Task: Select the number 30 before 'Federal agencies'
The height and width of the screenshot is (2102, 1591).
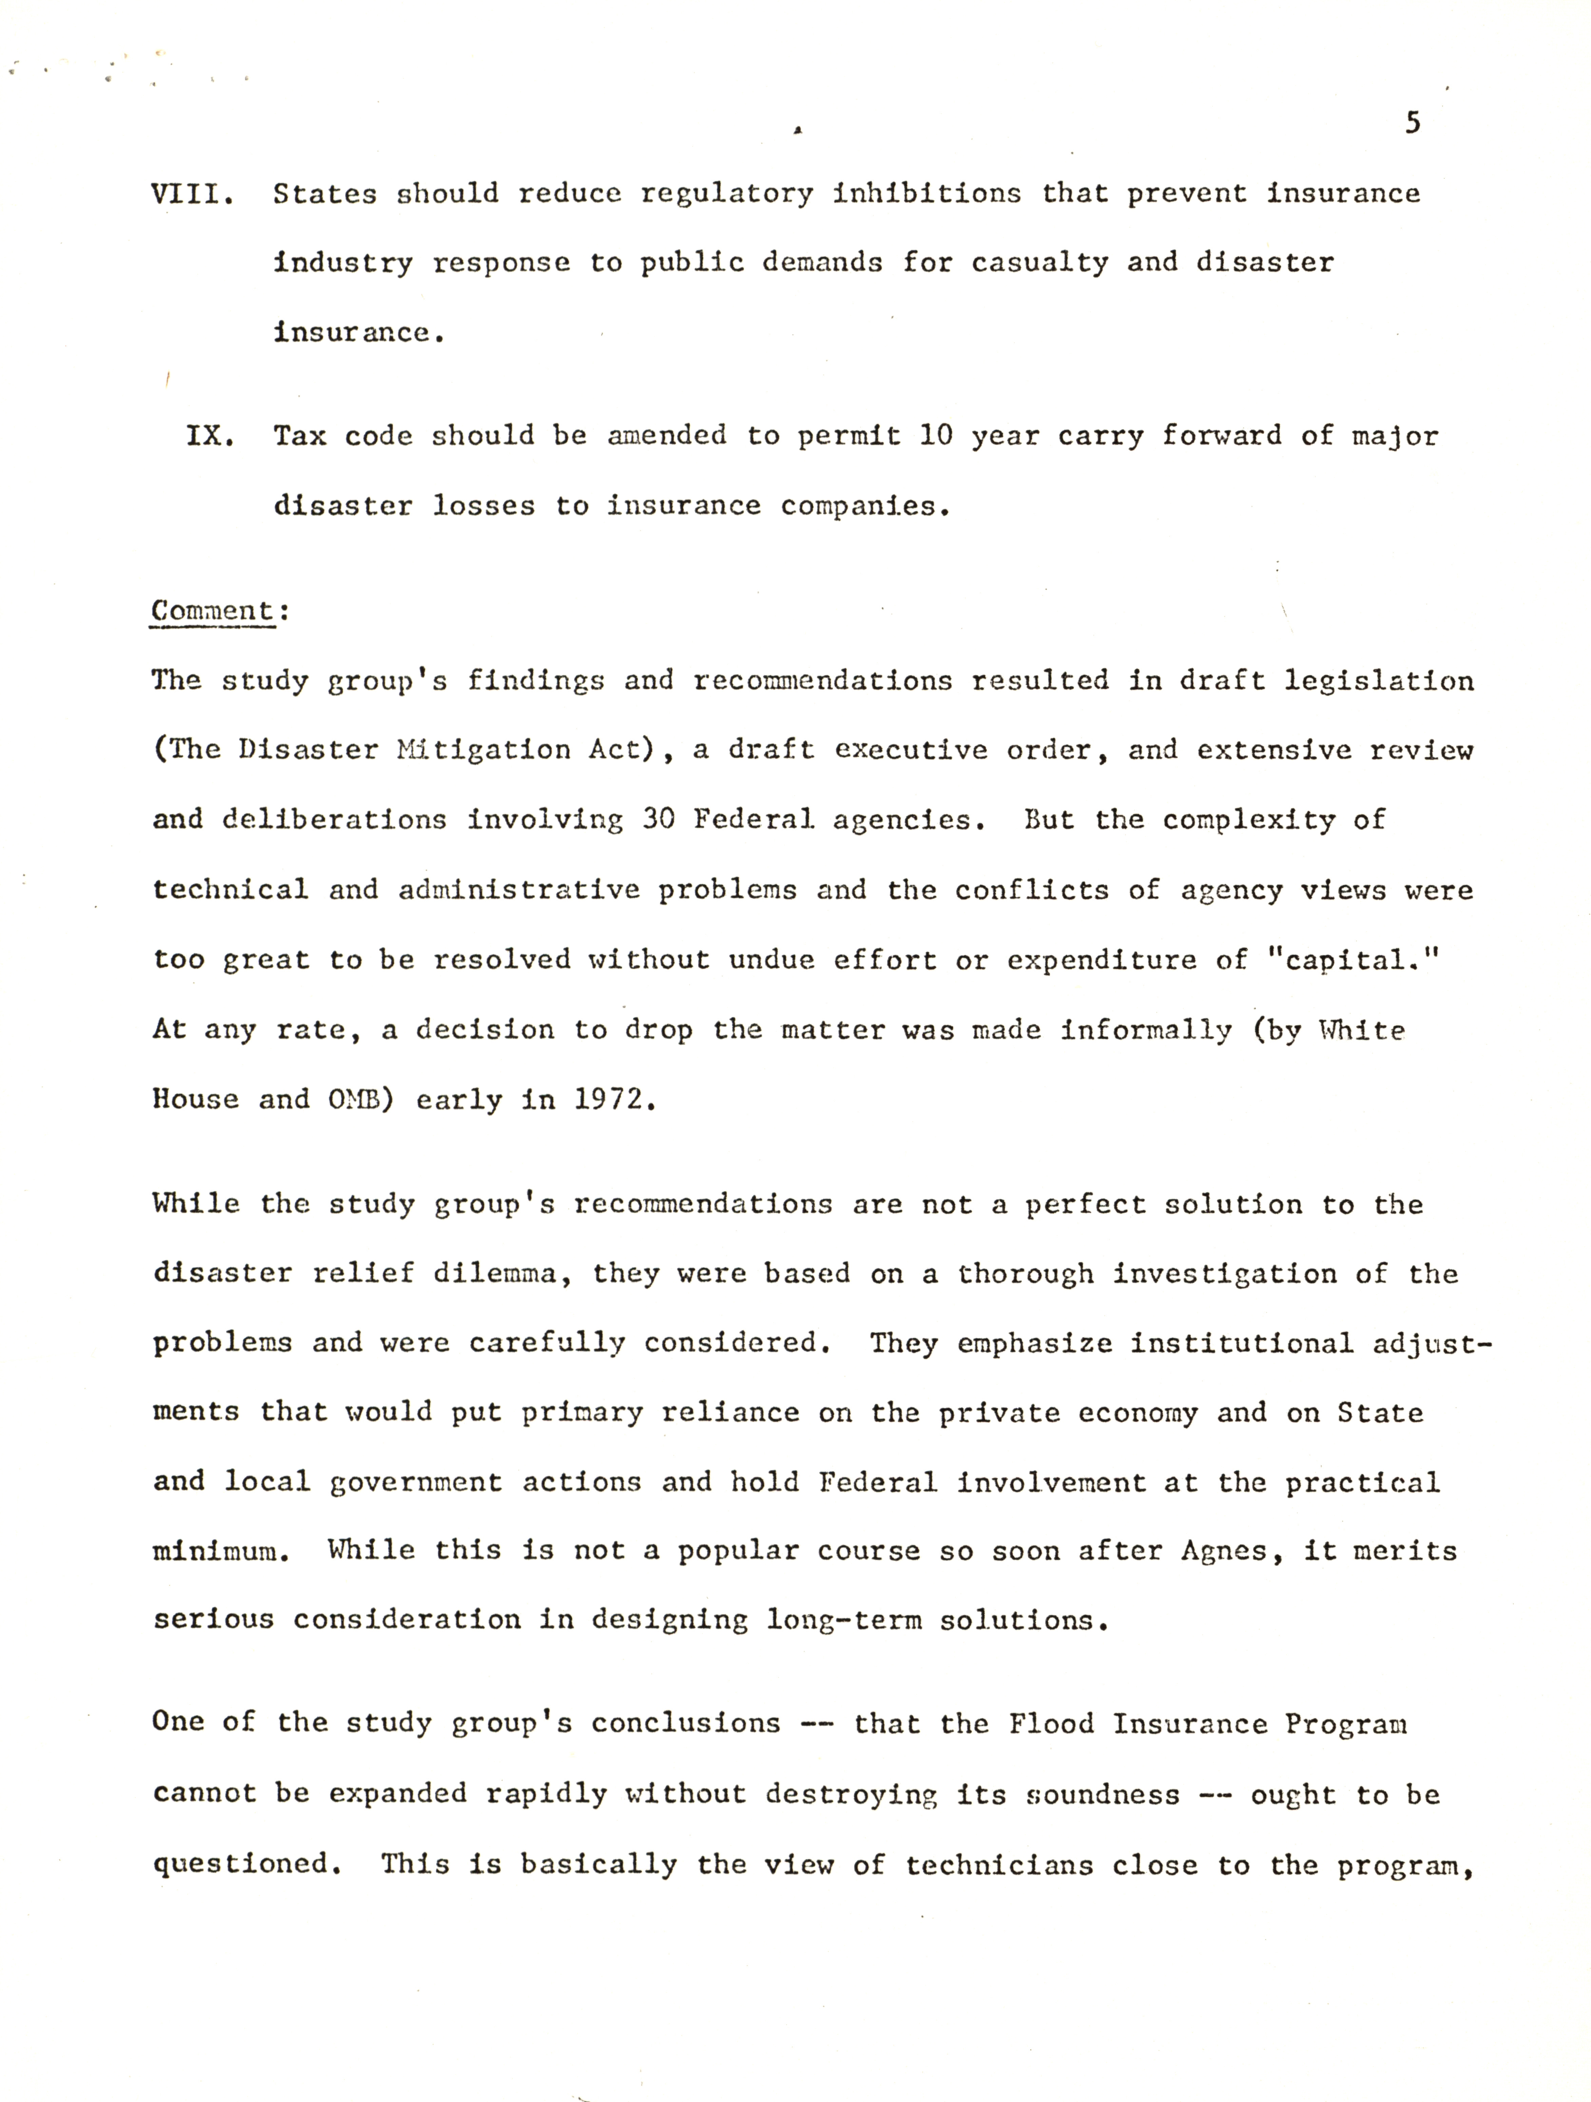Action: [x=658, y=819]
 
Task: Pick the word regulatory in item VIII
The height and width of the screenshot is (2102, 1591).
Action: [x=726, y=194]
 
